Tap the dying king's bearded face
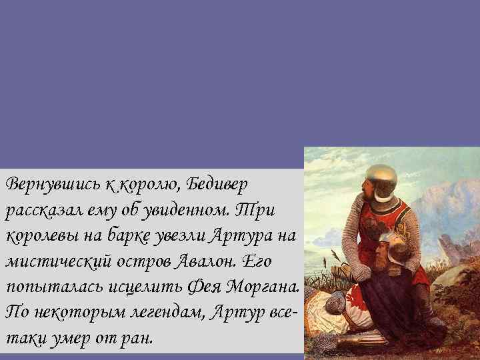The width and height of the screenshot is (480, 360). [x=381, y=254]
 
